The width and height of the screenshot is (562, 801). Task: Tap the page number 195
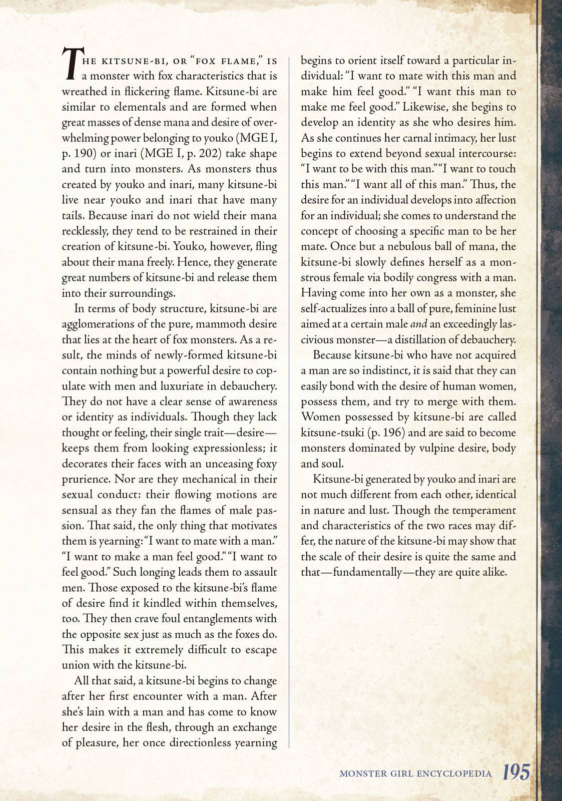click(516, 772)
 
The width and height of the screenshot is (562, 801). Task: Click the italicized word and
click(421, 324)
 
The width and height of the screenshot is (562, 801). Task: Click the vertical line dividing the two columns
click(289, 400)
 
